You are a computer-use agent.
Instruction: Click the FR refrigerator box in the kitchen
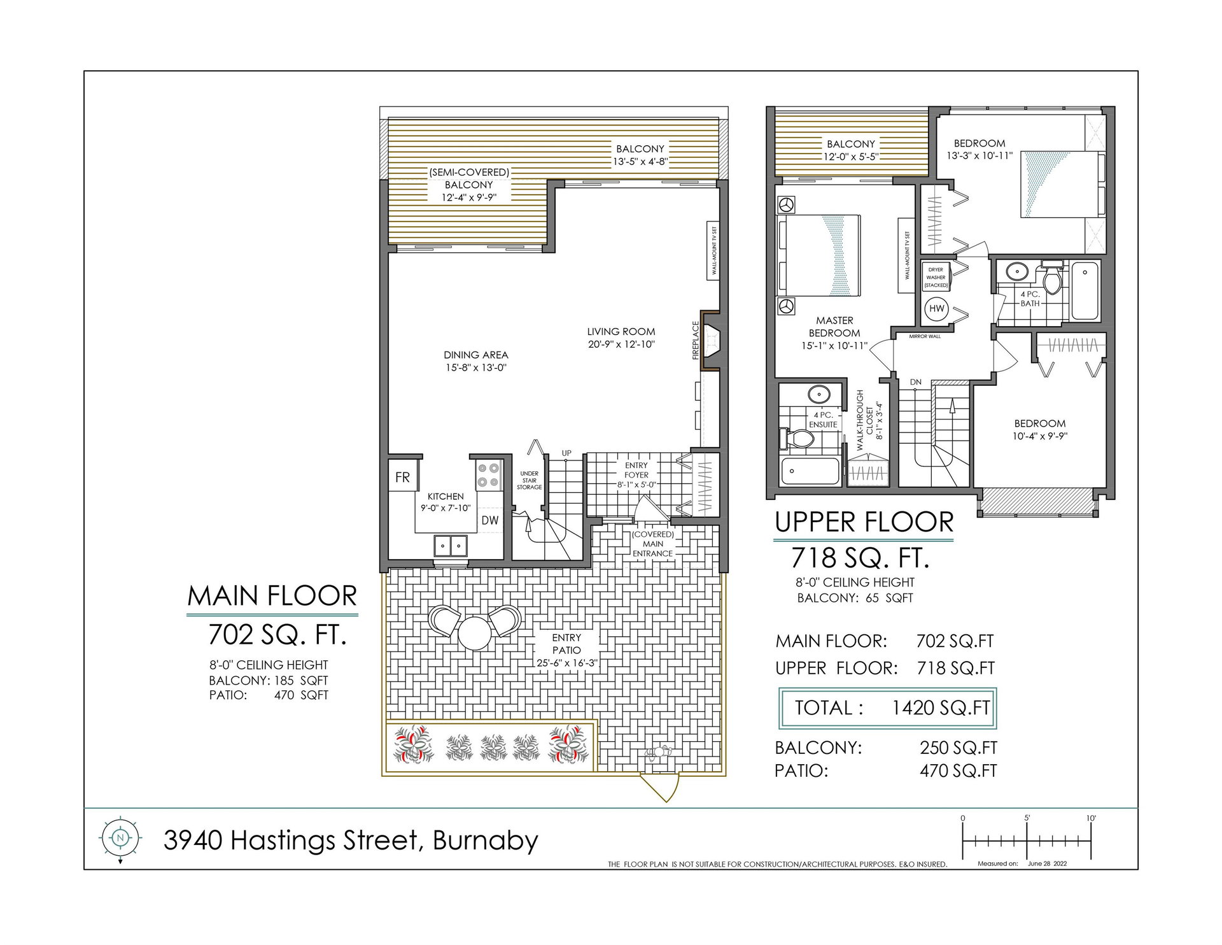tap(403, 477)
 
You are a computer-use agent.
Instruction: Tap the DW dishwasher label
tap(490, 520)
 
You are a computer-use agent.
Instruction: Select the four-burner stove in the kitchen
tap(489, 474)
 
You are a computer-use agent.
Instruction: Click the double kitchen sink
tap(451, 546)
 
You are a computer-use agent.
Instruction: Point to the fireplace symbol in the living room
tap(710, 340)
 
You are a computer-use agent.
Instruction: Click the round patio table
tap(474, 633)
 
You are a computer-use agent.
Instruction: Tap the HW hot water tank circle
tap(937, 309)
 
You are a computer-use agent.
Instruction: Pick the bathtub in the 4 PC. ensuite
tap(810, 471)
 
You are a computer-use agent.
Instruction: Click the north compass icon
tap(120, 838)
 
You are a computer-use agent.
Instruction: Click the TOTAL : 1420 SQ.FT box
tap(887, 708)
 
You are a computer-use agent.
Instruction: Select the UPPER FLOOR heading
tap(864, 522)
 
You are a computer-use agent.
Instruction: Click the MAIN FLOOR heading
tap(272, 596)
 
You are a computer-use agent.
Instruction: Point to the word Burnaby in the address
tap(486, 841)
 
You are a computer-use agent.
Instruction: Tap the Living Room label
tap(621, 331)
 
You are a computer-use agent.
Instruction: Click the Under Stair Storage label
tap(530, 480)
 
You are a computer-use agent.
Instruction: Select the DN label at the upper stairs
tap(916, 382)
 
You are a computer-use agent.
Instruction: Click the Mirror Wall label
tap(925, 336)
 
